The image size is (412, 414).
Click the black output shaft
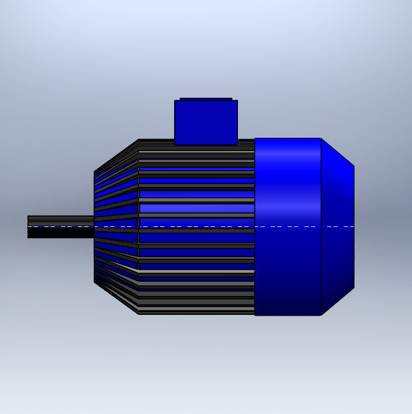pos(60,226)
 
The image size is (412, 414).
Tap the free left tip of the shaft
pos(29,226)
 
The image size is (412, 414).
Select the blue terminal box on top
pos(206,123)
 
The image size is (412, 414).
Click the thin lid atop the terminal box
pos(206,99)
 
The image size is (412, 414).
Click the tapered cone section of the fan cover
pos(338,225)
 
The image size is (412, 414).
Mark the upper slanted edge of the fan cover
pos(338,152)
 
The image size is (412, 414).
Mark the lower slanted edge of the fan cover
pos(338,302)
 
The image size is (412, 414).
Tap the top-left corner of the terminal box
pos(175,101)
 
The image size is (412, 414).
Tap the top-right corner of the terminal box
pos(237,101)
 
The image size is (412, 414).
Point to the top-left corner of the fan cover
pos(255,139)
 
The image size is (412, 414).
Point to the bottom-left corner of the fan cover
pos(255,313)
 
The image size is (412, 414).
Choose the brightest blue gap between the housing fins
pos(197,208)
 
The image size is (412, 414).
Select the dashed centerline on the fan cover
pos(302,226)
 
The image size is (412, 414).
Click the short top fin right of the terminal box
pos(246,142)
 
